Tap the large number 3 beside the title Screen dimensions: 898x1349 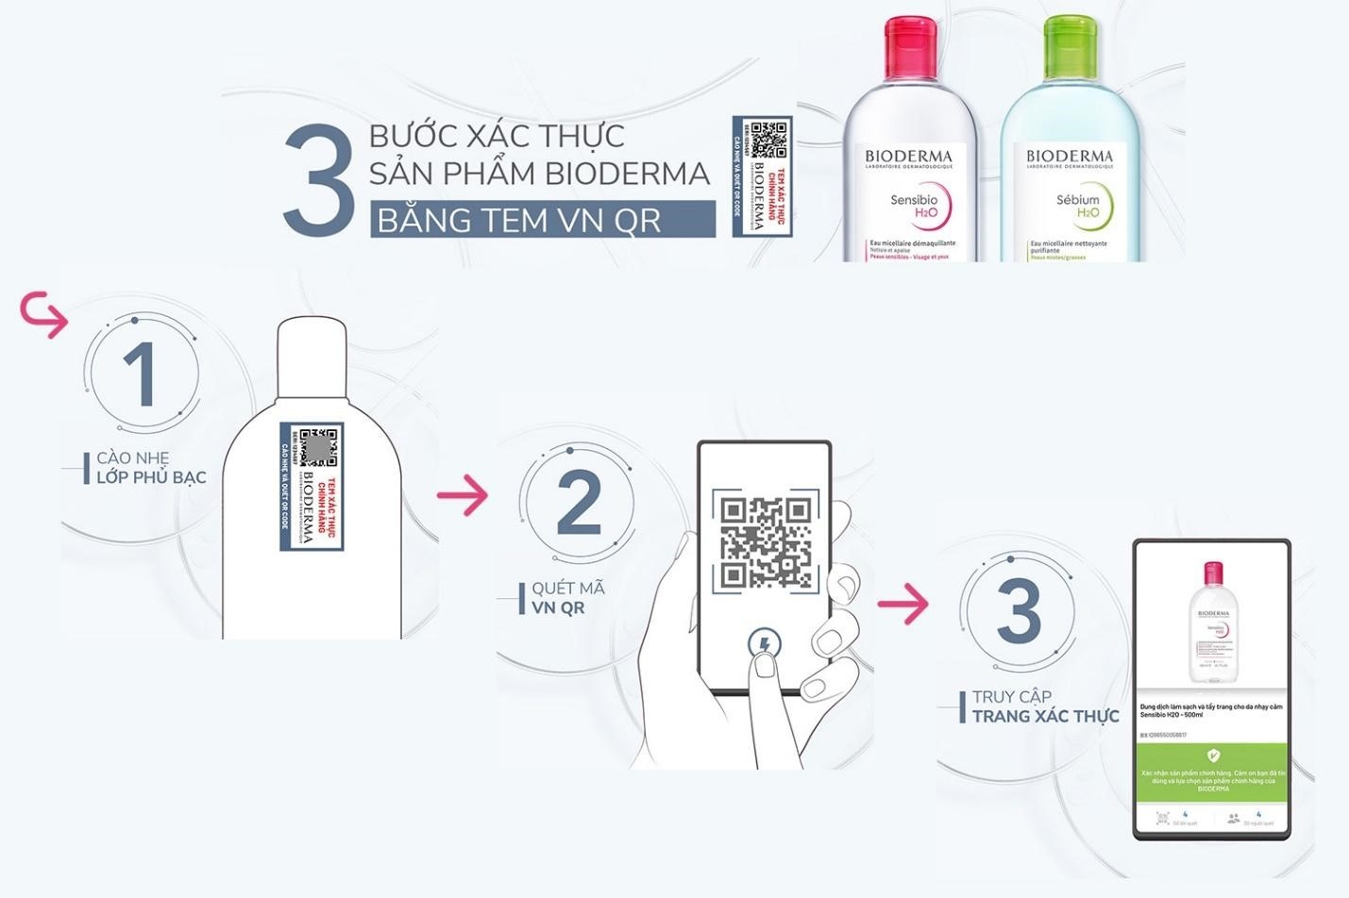[x=319, y=180]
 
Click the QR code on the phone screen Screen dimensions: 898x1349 [x=766, y=542]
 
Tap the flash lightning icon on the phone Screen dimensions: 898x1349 [x=763, y=645]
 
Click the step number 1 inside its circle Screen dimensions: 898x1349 [x=141, y=374]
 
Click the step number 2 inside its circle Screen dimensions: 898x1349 [x=579, y=503]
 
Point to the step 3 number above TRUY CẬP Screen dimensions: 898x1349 [x=1018, y=610]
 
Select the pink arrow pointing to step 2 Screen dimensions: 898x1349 [x=463, y=495]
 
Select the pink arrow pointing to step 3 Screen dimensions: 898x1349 [x=902, y=604]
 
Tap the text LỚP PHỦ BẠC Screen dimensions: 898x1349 [x=151, y=477]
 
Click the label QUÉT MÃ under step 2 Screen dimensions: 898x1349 [x=567, y=589]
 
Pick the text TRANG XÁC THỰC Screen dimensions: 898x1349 [x=1045, y=717]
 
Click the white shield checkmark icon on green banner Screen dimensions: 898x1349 [x=1212, y=756]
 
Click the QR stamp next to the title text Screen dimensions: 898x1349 [x=761, y=176]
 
